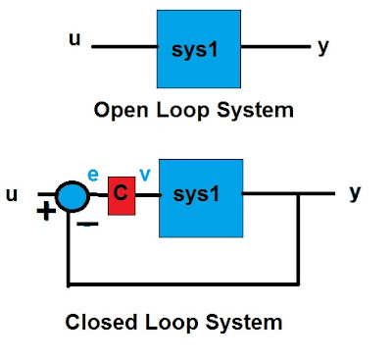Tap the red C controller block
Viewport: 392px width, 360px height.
click(121, 194)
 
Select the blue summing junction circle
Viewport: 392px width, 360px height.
click(72, 196)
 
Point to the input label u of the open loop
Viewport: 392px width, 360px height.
click(73, 38)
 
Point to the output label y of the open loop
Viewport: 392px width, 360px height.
click(323, 47)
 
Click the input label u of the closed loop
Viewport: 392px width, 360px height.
click(13, 194)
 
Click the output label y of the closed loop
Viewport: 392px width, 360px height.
click(355, 192)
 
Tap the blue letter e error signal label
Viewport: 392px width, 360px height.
click(93, 173)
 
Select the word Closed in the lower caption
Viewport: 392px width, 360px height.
click(97, 322)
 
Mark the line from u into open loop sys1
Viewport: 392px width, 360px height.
click(124, 46)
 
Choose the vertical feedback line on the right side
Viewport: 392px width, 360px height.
click(297, 240)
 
